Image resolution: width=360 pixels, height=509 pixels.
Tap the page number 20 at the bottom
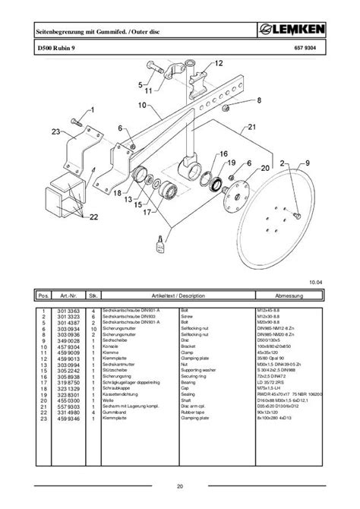180,485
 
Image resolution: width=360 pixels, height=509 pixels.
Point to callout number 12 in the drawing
219,63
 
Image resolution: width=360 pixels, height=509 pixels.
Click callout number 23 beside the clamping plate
55,133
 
